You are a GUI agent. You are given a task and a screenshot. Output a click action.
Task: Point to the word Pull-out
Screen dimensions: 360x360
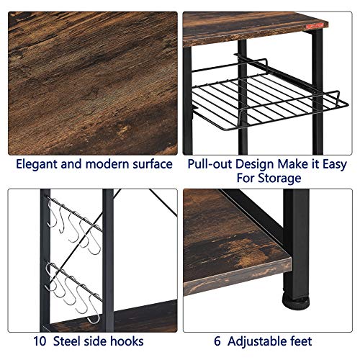(x=210, y=164)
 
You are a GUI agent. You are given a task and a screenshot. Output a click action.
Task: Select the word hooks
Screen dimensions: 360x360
(x=127, y=341)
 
